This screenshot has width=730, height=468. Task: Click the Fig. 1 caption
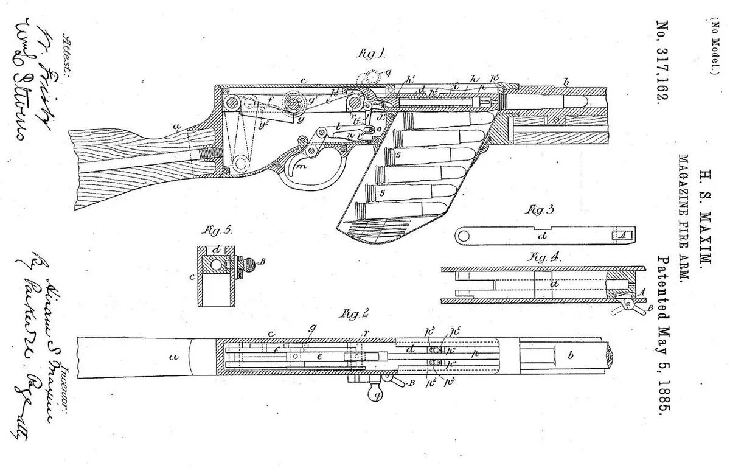click(x=372, y=54)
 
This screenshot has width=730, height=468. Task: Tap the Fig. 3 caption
click(x=541, y=210)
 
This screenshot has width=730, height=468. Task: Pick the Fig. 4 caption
click(x=546, y=256)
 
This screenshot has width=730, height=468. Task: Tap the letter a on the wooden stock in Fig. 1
click(x=177, y=127)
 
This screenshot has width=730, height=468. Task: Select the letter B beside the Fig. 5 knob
click(x=262, y=262)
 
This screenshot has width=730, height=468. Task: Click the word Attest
click(x=66, y=53)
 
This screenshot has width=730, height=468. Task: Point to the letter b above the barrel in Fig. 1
click(x=566, y=81)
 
